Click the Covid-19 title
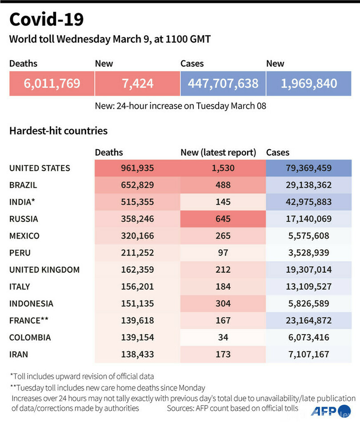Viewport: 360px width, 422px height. click(47, 20)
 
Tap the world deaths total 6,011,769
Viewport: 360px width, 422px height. click(52, 83)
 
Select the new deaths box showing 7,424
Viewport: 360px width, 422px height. click(137, 83)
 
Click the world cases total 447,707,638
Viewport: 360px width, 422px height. click(223, 83)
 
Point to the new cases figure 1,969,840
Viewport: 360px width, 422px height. click(308, 83)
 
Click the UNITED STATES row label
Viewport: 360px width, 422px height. click(40, 168)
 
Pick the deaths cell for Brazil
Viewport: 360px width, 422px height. click(137, 185)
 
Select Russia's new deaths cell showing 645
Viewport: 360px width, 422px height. click(223, 219)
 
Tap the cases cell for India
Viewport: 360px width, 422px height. click(308, 202)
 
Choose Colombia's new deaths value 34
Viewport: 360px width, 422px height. click(223, 337)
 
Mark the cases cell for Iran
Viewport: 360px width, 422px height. click(308, 354)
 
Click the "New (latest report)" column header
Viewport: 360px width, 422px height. click(218, 152)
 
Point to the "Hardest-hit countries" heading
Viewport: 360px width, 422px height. click(58, 131)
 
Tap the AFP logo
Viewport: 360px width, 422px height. click(331, 410)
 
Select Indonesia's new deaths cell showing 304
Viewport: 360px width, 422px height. click(223, 303)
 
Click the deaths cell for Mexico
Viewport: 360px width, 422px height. click(137, 235)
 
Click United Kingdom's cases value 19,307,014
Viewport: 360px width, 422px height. click(308, 270)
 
